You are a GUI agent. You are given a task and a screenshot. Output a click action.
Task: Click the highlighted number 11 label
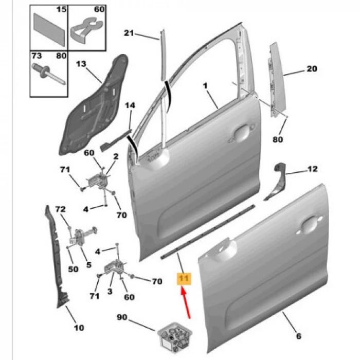click(184, 279)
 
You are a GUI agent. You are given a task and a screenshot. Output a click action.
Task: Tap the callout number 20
click(312, 69)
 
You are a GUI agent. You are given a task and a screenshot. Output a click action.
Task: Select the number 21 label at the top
click(129, 34)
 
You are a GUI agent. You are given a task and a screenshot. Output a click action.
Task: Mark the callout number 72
click(61, 209)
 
